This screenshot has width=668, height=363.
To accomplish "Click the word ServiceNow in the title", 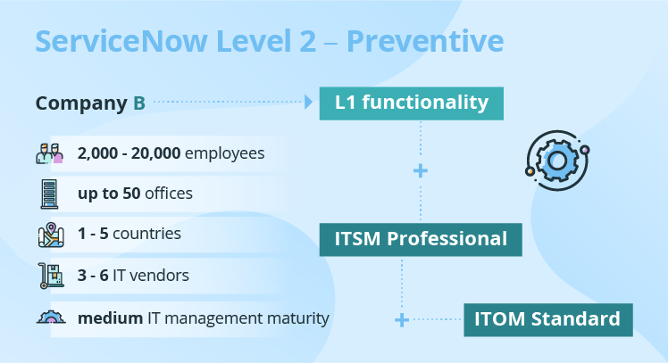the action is [121, 41].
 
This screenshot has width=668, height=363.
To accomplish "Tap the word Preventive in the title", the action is [425, 41].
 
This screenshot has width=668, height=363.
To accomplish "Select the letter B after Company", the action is [139, 103].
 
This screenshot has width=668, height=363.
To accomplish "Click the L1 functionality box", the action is [412, 103].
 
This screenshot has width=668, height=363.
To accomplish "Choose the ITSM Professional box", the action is [421, 240].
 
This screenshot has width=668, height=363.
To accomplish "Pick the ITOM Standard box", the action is [548, 320].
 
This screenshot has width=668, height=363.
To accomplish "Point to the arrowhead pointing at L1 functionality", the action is [309, 103].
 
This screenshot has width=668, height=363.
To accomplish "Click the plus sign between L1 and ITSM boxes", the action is [421, 171].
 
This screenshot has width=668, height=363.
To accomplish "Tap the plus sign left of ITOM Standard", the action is [402, 320].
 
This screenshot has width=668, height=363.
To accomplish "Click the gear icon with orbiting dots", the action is [557, 161].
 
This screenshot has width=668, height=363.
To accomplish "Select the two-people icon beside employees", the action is [49, 153].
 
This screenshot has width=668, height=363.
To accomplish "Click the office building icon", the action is [49, 194].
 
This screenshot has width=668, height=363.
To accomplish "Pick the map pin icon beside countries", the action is [51, 235].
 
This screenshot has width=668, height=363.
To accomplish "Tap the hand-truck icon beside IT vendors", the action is [51, 276].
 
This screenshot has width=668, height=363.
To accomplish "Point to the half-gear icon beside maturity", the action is [51, 318].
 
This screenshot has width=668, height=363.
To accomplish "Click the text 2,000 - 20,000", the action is [129, 153].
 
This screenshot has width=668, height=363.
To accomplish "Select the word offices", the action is [169, 194].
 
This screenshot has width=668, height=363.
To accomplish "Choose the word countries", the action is [146, 234].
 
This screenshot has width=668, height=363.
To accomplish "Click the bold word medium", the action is [111, 318].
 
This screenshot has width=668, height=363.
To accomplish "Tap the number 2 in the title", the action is [307, 41].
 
